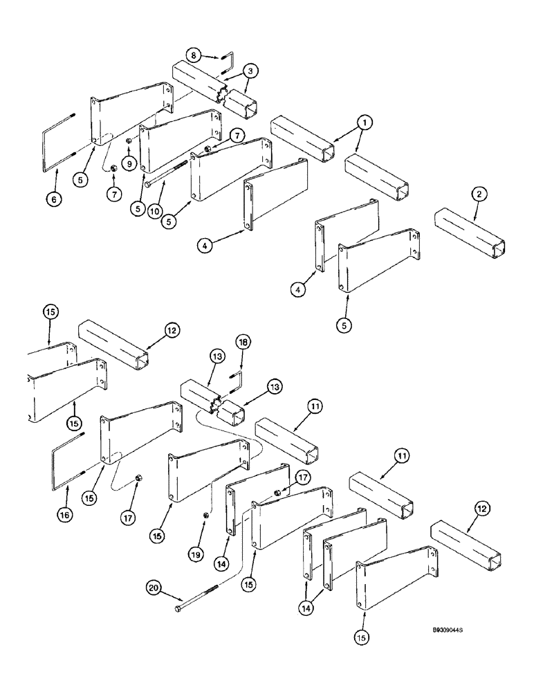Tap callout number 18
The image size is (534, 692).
point(242,343)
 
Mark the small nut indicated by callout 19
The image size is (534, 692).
point(207,516)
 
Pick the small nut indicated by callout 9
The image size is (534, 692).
point(129,141)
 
